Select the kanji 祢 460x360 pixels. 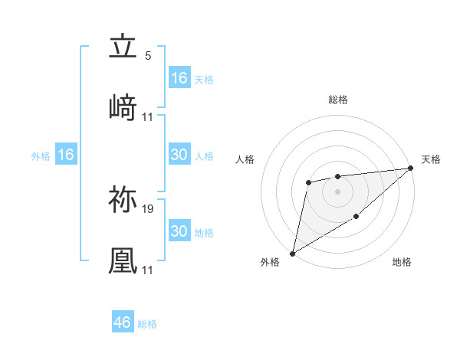tap(123, 201)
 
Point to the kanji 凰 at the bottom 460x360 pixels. tap(123, 260)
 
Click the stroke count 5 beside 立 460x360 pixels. tap(148, 56)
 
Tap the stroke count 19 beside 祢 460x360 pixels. tap(148, 209)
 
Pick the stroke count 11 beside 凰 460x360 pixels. tap(148, 270)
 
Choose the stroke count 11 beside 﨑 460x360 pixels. tap(148, 116)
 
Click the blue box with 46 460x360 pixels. tap(123, 322)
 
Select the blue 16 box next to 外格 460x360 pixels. tap(65, 155)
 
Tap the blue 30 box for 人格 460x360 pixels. tap(179, 155)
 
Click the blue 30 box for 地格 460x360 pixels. tap(179, 231)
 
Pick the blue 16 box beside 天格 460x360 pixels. tap(179, 78)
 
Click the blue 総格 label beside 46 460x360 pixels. tap(147, 324)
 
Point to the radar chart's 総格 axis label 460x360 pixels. tap(337, 100)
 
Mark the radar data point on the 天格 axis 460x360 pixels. tap(410, 168)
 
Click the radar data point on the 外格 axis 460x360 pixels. tap(292, 253)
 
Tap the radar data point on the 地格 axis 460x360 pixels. tap(356, 218)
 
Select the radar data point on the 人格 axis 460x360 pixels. tap(308, 182)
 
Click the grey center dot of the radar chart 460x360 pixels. tap(337, 191)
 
